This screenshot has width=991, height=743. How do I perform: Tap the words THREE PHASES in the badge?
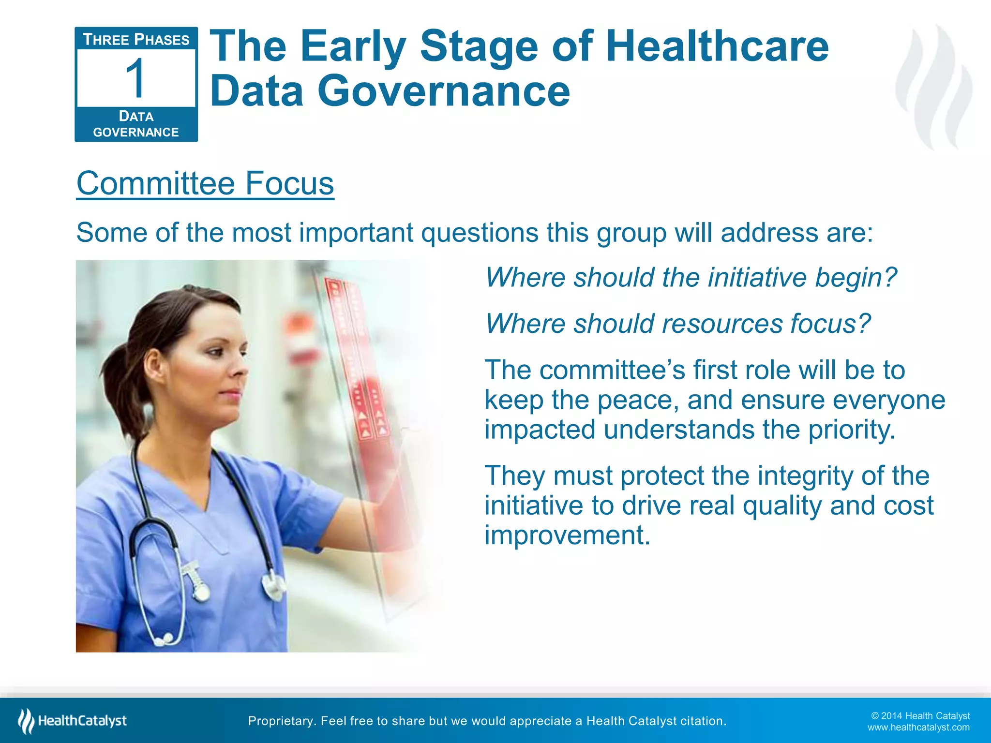point(136,40)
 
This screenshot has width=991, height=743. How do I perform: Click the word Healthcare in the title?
point(717,46)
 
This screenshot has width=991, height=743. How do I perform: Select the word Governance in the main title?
point(444,91)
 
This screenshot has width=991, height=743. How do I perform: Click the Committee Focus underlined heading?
point(205,183)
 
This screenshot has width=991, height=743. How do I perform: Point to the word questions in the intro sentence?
point(480,233)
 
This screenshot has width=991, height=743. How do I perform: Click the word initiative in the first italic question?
point(757,278)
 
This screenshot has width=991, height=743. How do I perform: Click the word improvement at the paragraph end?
point(567,535)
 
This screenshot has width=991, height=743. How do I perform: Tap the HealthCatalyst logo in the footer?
point(73,721)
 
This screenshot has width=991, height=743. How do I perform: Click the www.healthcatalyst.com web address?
point(918,728)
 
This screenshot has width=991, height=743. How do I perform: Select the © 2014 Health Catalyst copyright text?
point(920,716)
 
